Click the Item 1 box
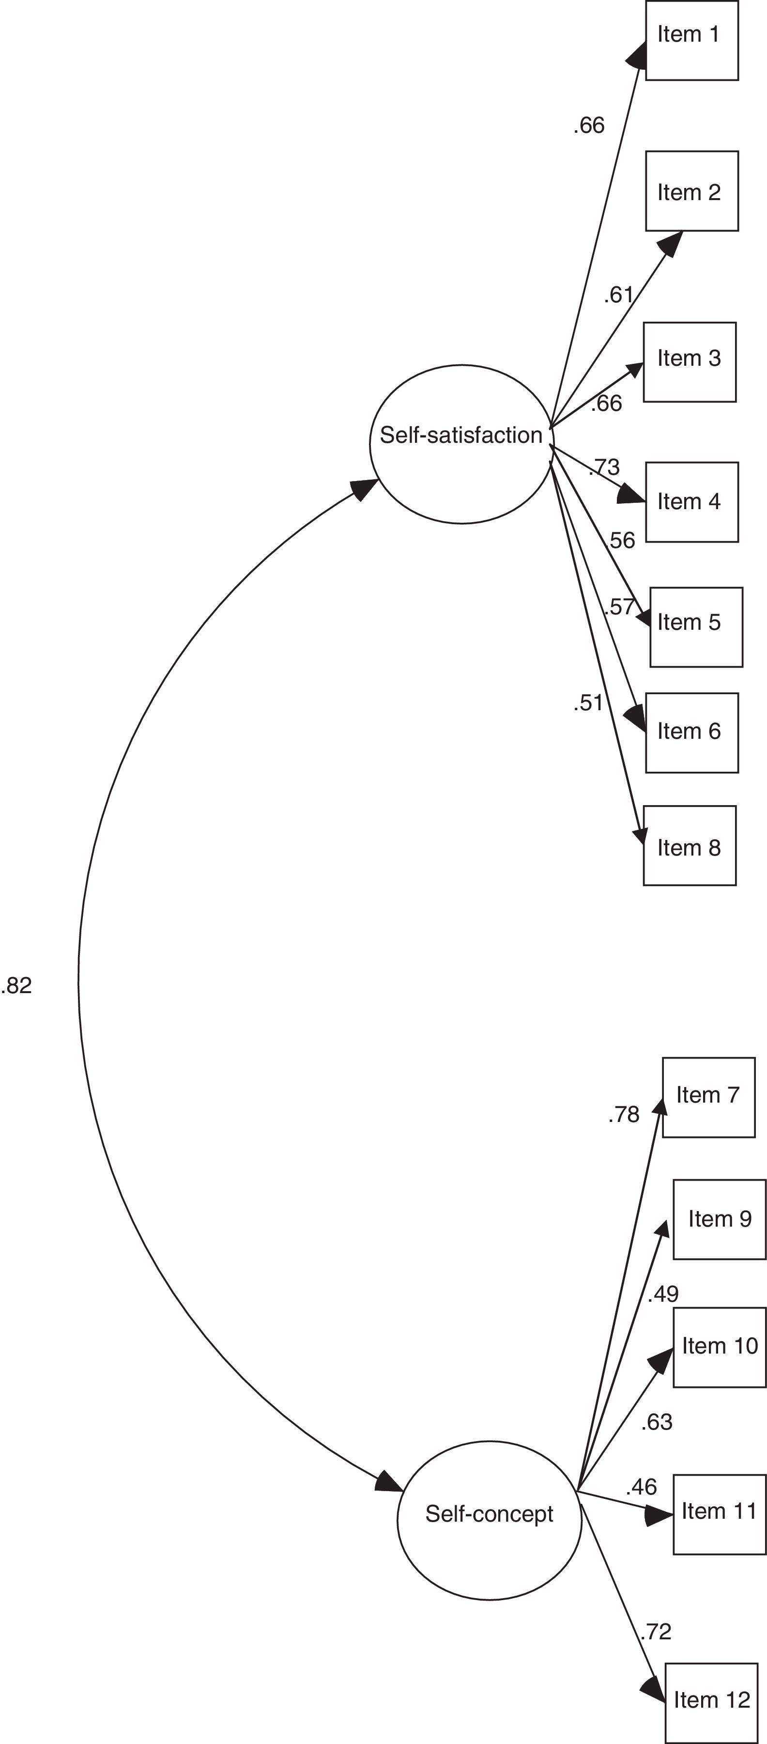point(691,41)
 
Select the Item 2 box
point(691,191)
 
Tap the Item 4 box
point(691,502)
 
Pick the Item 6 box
point(691,732)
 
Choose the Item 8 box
point(689,845)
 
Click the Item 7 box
point(708,1097)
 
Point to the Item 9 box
point(719,1219)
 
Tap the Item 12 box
point(711,1701)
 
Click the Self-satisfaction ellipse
point(461,443)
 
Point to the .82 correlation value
point(17,986)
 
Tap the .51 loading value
point(588,703)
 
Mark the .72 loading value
point(656,1631)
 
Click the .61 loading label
point(619,295)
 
